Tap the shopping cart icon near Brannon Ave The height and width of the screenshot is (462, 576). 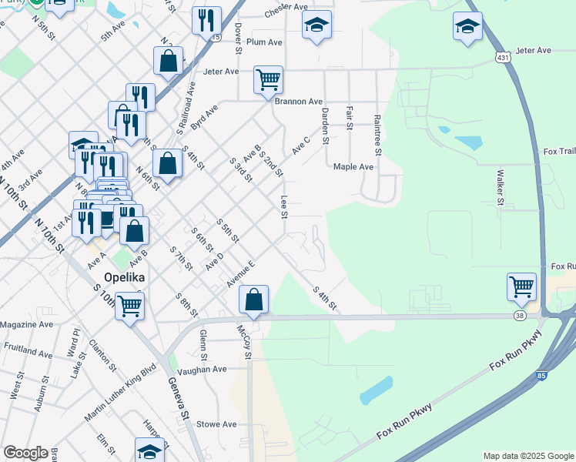point(268,79)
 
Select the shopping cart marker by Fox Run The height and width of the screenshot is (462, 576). point(522,286)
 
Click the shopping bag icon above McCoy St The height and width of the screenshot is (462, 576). point(253,300)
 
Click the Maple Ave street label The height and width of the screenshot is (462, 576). point(353,166)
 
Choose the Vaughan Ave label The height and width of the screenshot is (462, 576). point(202,369)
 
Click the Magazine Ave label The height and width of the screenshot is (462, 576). point(27,324)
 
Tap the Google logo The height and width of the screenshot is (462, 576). point(25,453)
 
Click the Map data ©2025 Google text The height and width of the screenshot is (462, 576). point(527,456)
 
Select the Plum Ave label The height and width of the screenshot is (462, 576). point(265,42)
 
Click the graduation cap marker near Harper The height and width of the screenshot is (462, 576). point(150,450)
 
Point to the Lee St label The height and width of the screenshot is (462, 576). point(283,206)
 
